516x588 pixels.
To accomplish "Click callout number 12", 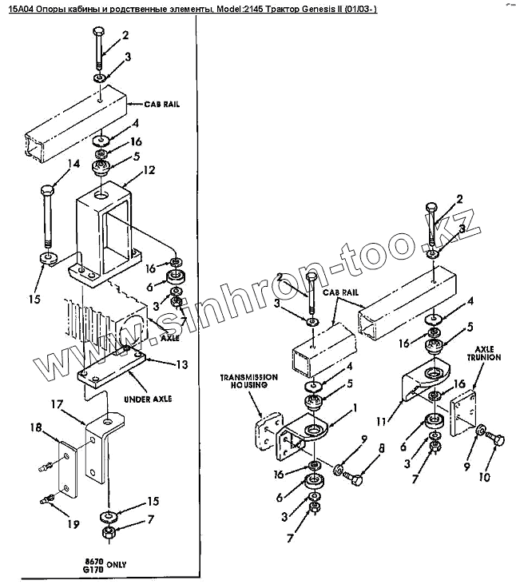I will coord(149,170).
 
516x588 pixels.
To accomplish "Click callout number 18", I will coord(36,430).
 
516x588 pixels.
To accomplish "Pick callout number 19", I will coord(73,524).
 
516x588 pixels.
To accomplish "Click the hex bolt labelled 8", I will coord(352,478).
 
